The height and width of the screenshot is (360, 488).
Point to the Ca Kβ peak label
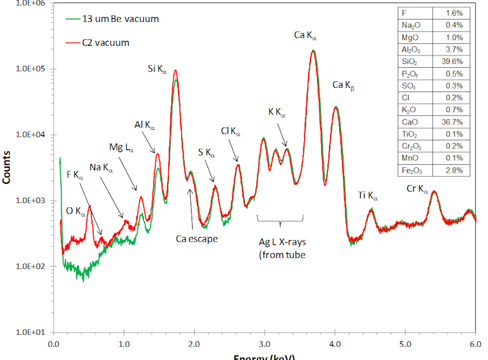pyautogui.click(x=343, y=85)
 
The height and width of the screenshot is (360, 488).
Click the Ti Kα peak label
pyautogui.click(x=368, y=196)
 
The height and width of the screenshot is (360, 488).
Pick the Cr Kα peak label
pyautogui.click(x=417, y=190)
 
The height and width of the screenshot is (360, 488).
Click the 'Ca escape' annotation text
pyautogui.click(x=196, y=239)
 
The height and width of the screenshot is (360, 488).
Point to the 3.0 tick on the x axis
pyautogui.click(x=264, y=345)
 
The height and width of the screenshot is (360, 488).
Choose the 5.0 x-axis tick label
pyautogui.click(x=405, y=345)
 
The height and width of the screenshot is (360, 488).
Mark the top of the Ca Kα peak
pyautogui.click(x=313, y=51)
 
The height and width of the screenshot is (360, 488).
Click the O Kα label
pyautogui.click(x=76, y=212)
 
